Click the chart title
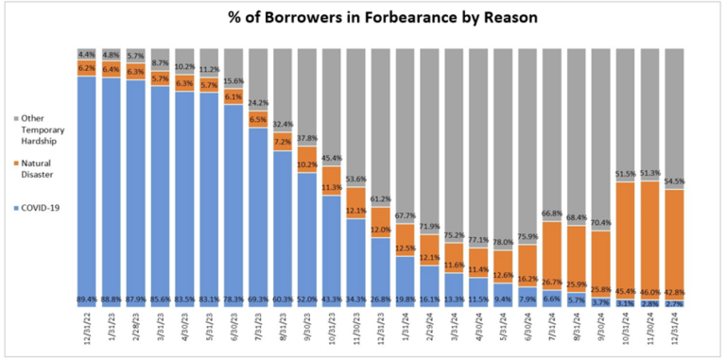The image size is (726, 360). tap(364, 17)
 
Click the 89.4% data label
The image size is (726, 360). tap(87, 300)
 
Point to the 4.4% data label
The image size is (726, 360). tap(87, 54)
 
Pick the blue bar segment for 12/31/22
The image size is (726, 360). tap(87, 189)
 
